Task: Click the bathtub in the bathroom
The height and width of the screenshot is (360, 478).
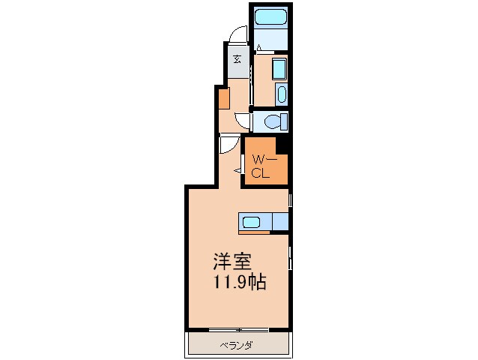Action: (x=270, y=17)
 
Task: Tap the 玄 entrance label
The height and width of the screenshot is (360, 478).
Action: (x=238, y=58)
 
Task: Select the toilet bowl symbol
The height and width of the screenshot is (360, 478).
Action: (x=272, y=122)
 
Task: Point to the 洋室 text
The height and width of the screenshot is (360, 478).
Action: (x=232, y=262)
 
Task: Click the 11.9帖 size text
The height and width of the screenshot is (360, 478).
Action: (x=240, y=282)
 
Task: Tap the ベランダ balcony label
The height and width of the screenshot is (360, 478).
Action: (x=237, y=346)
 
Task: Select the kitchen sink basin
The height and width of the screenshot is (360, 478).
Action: (x=251, y=222)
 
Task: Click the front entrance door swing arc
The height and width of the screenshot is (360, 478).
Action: (x=238, y=33)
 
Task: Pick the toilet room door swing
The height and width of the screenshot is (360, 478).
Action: (x=242, y=121)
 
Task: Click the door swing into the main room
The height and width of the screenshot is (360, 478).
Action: (x=229, y=144)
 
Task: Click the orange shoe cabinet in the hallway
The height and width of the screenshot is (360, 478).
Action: (x=224, y=98)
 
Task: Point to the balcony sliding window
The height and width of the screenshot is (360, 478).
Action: (x=239, y=330)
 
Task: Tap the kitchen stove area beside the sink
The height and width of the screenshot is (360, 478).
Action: (x=280, y=222)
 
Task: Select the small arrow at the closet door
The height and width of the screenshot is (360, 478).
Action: (x=238, y=171)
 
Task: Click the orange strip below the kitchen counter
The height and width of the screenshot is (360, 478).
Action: (x=254, y=232)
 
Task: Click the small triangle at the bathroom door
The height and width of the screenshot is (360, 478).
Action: (x=259, y=47)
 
